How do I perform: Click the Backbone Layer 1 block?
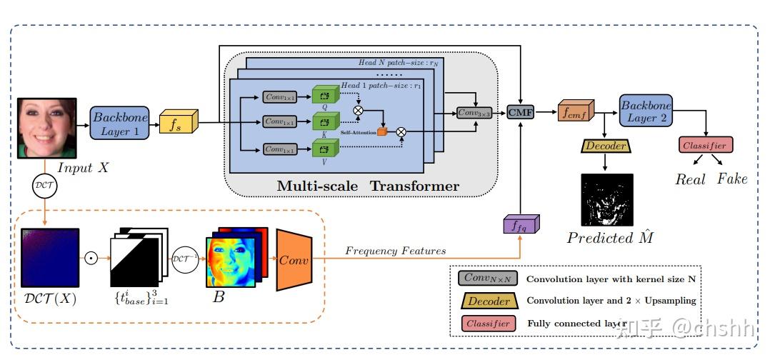(119, 123)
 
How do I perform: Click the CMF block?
(521, 112)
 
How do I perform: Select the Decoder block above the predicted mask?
(606, 146)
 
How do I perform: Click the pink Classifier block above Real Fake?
(704, 146)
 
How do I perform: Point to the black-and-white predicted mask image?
(606, 200)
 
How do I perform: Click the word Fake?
(732, 179)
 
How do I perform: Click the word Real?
(690, 179)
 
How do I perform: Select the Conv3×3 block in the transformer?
(474, 112)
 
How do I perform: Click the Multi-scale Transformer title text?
(368, 186)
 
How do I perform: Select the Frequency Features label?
(395, 251)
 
